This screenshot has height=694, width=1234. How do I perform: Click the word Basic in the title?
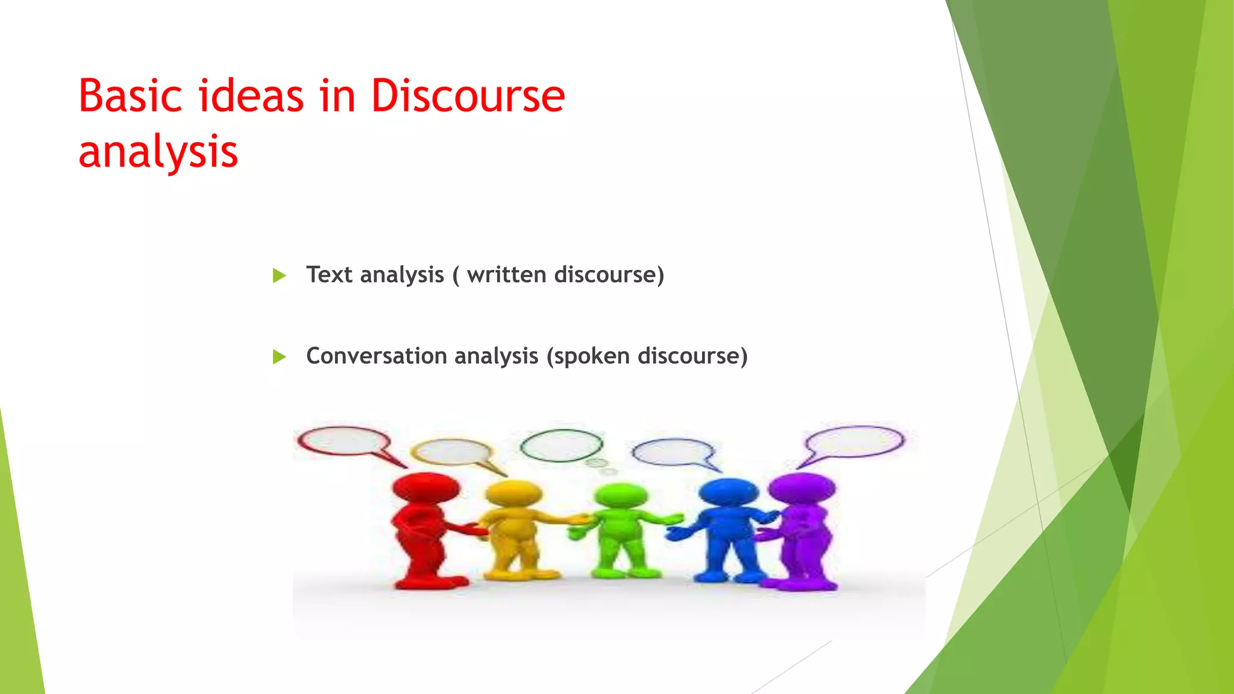click(x=130, y=96)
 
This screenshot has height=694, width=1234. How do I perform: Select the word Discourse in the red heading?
click(x=468, y=96)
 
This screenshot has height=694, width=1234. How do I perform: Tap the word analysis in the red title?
click(x=158, y=151)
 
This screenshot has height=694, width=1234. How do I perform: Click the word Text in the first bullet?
click(x=329, y=275)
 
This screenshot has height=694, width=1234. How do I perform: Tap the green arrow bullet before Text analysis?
click(x=279, y=276)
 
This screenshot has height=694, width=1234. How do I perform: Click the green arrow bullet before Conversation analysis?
click(x=279, y=357)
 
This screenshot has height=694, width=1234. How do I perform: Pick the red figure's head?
click(x=426, y=488)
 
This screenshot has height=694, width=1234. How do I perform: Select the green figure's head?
click(x=621, y=496)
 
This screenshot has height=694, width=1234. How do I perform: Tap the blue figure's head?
click(x=728, y=493)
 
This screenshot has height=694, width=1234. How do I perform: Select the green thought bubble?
click(x=561, y=446)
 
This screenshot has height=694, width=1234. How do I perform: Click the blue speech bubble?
click(x=673, y=452)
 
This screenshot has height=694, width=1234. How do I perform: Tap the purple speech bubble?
click(x=854, y=441)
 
